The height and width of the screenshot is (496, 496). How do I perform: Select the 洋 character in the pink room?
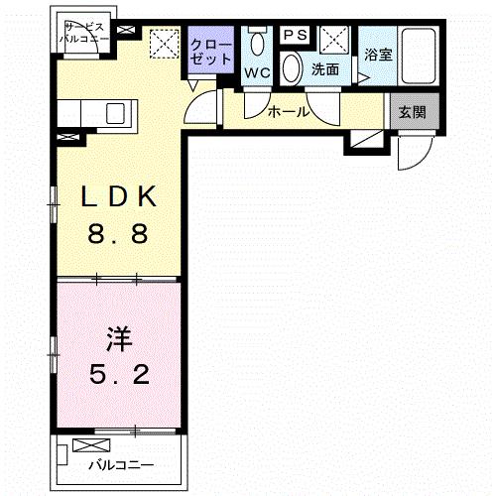[x=118, y=337]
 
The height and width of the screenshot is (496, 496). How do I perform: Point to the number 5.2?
[x=118, y=376]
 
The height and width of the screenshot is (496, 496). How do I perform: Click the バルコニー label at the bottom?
[x=120, y=463]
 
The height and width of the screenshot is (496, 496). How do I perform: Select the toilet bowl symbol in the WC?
[x=259, y=44]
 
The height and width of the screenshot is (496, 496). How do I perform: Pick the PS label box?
[x=295, y=35]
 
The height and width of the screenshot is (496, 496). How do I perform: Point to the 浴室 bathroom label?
[x=377, y=55]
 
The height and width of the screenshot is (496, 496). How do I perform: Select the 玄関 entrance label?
[x=412, y=112]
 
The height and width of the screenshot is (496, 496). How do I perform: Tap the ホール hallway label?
[x=289, y=112]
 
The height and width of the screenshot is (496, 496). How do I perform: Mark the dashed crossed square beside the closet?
[x=162, y=46]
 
